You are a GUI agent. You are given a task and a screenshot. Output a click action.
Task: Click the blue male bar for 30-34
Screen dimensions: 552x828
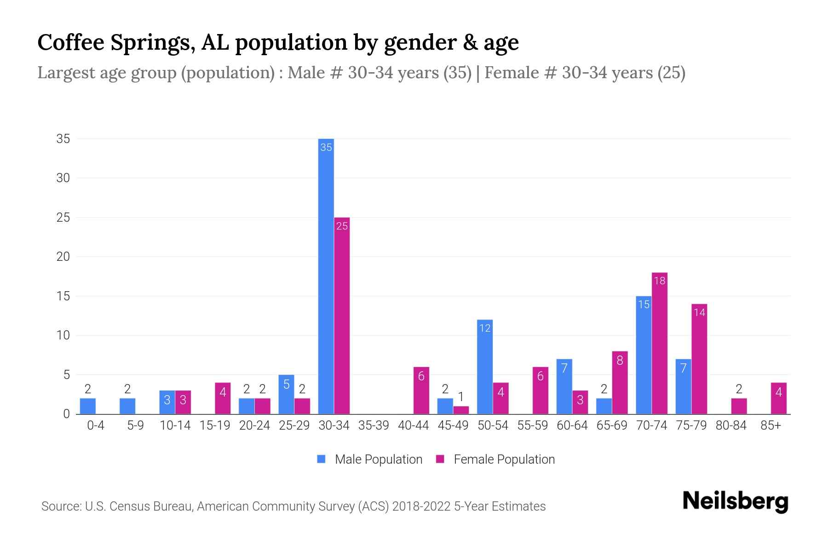click(326, 276)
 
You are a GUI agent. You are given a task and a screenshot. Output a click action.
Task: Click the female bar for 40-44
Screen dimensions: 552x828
click(421, 391)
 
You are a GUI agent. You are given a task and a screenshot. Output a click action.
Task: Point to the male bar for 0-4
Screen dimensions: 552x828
click(88, 406)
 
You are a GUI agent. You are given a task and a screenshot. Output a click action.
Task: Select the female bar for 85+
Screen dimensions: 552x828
click(778, 398)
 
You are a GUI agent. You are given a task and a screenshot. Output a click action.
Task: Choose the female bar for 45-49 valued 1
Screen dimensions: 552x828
click(461, 410)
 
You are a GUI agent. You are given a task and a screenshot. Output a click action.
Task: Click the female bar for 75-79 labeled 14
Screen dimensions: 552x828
click(699, 359)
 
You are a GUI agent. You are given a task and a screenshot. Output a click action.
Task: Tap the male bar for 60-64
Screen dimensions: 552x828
click(564, 386)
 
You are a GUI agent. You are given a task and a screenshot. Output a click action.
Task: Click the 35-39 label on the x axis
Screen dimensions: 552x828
click(374, 425)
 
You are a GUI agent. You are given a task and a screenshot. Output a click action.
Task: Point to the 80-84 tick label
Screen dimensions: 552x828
click(731, 425)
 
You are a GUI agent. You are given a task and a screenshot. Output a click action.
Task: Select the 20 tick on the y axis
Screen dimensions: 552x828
click(63, 257)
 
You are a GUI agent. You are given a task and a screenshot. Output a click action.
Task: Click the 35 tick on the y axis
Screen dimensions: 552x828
click(63, 138)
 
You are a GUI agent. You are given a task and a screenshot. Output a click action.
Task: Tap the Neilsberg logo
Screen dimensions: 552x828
click(735, 501)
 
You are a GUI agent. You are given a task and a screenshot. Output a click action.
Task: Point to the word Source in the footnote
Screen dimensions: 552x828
click(61, 506)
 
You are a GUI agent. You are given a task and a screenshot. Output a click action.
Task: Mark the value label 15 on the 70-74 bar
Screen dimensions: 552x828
click(644, 305)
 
